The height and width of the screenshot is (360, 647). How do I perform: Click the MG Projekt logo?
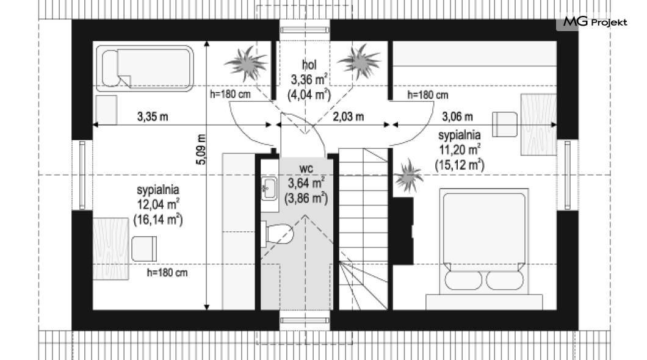click(x=595, y=22)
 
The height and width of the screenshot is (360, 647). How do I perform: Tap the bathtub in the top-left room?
click(x=145, y=68)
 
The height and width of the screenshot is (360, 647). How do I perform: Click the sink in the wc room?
click(x=269, y=189)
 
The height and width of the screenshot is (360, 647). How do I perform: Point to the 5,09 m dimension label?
click(x=201, y=149)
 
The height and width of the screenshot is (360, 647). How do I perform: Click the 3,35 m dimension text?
click(x=153, y=117)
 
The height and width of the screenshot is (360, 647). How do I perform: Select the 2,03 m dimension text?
click(x=349, y=117)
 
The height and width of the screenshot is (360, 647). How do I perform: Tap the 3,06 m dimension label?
click(x=457, y=117)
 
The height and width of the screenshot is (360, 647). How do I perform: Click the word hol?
click(x=309, y=64)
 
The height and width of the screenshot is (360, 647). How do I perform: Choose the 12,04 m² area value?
click(x=158, y=204)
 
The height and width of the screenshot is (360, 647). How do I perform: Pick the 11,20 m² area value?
click(x=459, y=149)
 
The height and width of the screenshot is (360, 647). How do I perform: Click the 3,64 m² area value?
click(x=306, y=183)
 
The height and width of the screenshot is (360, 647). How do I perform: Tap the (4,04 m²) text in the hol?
click(x=309, y=95)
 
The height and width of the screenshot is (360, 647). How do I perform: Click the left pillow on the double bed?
click(x=463, y=281)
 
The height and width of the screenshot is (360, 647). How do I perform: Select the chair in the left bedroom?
click(x=144, y=249)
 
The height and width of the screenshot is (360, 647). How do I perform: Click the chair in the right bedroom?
click(x=505, y=124)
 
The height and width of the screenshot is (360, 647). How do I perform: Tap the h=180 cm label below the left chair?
click(x=167, y=273)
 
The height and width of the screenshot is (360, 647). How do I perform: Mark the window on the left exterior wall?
click(x=82, y=175)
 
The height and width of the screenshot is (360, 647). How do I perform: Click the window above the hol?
click(x=305, y=30)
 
